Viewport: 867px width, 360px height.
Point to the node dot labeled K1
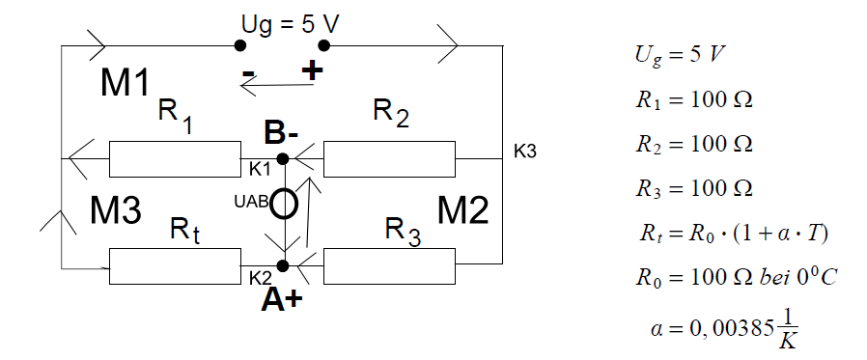283,159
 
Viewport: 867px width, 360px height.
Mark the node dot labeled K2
283,266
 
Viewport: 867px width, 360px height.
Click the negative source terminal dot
239,45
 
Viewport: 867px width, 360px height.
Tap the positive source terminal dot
324,45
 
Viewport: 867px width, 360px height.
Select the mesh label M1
125,84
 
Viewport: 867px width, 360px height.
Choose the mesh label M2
463,210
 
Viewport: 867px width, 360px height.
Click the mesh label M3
116,210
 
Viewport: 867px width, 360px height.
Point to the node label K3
525,152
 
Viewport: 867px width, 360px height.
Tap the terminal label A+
282,300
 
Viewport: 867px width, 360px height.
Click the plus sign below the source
312,70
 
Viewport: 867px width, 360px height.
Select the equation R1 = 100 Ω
694,101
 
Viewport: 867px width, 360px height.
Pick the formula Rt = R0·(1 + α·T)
735,234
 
